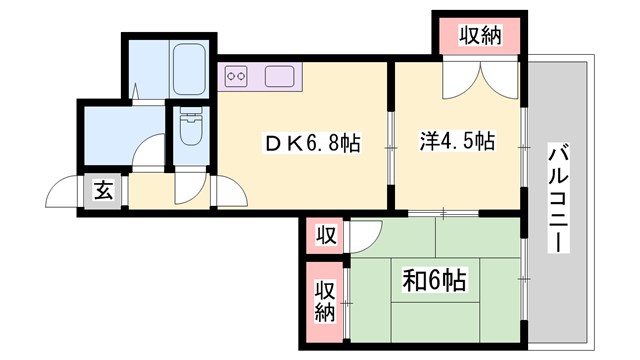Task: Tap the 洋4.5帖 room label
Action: point(456,141)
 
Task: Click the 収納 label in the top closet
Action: point(480,37)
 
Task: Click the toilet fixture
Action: point(188,129)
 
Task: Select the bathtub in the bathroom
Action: point(189,71)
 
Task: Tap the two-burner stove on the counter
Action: point(237,74)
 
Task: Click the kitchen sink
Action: point(279,74)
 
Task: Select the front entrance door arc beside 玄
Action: point(66,191)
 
